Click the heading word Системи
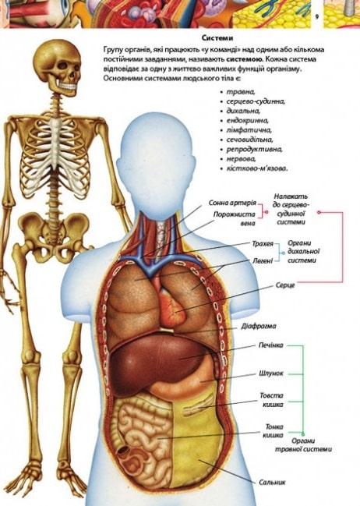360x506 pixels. pyautogui.click(x=217, y=38)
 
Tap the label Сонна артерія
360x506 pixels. pyautogui.click(x=232, y=203)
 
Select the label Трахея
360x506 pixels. pyautogui.click(x=263, y=243)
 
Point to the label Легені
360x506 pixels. pyautogui.click(x=263, y=260)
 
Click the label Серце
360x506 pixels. pyautogui.click(x=285, y=285)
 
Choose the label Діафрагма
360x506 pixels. pyautogui.click(x=259, y=326)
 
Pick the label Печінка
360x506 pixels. pyautogui.click(x=271, y=345)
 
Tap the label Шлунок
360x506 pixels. pyautogui.click(x=271, y=373)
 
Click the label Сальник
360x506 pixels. pyautogui.click(x=272, y=483)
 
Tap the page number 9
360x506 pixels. pyautogui.click(x=317, y=17)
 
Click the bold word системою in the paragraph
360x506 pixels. pyautogui.click(x=244, y=59)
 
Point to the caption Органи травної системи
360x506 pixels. pyautogui.click(x=303, y=445)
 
